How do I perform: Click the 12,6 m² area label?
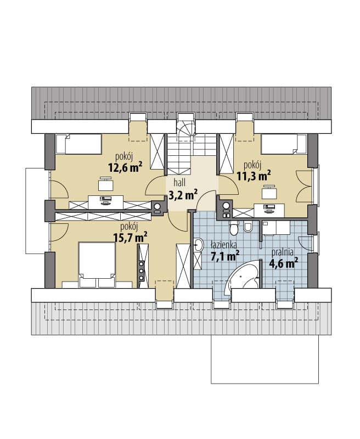[x=125, y=167]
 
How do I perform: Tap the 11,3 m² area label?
[x=254, y=176]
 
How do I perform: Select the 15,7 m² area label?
[x=131, y=238]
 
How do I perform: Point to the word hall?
[x=179, y=183]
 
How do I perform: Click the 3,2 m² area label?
[x=183, y=195]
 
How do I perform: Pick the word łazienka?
[x=223, y=245]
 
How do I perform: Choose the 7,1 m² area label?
[x=225, y=256]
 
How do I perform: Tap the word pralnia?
[x=283, y=252]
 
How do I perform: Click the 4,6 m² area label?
[x=283, y=263]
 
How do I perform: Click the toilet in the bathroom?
[x=233, y=228]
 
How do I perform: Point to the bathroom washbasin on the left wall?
[x=198, y=245]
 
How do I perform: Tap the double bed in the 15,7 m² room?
[x=97, y=265]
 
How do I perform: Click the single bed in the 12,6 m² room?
[x=78, y=144]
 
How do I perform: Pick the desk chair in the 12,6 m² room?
[x=106, y=184]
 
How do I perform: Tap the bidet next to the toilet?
[x=248, y=226]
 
